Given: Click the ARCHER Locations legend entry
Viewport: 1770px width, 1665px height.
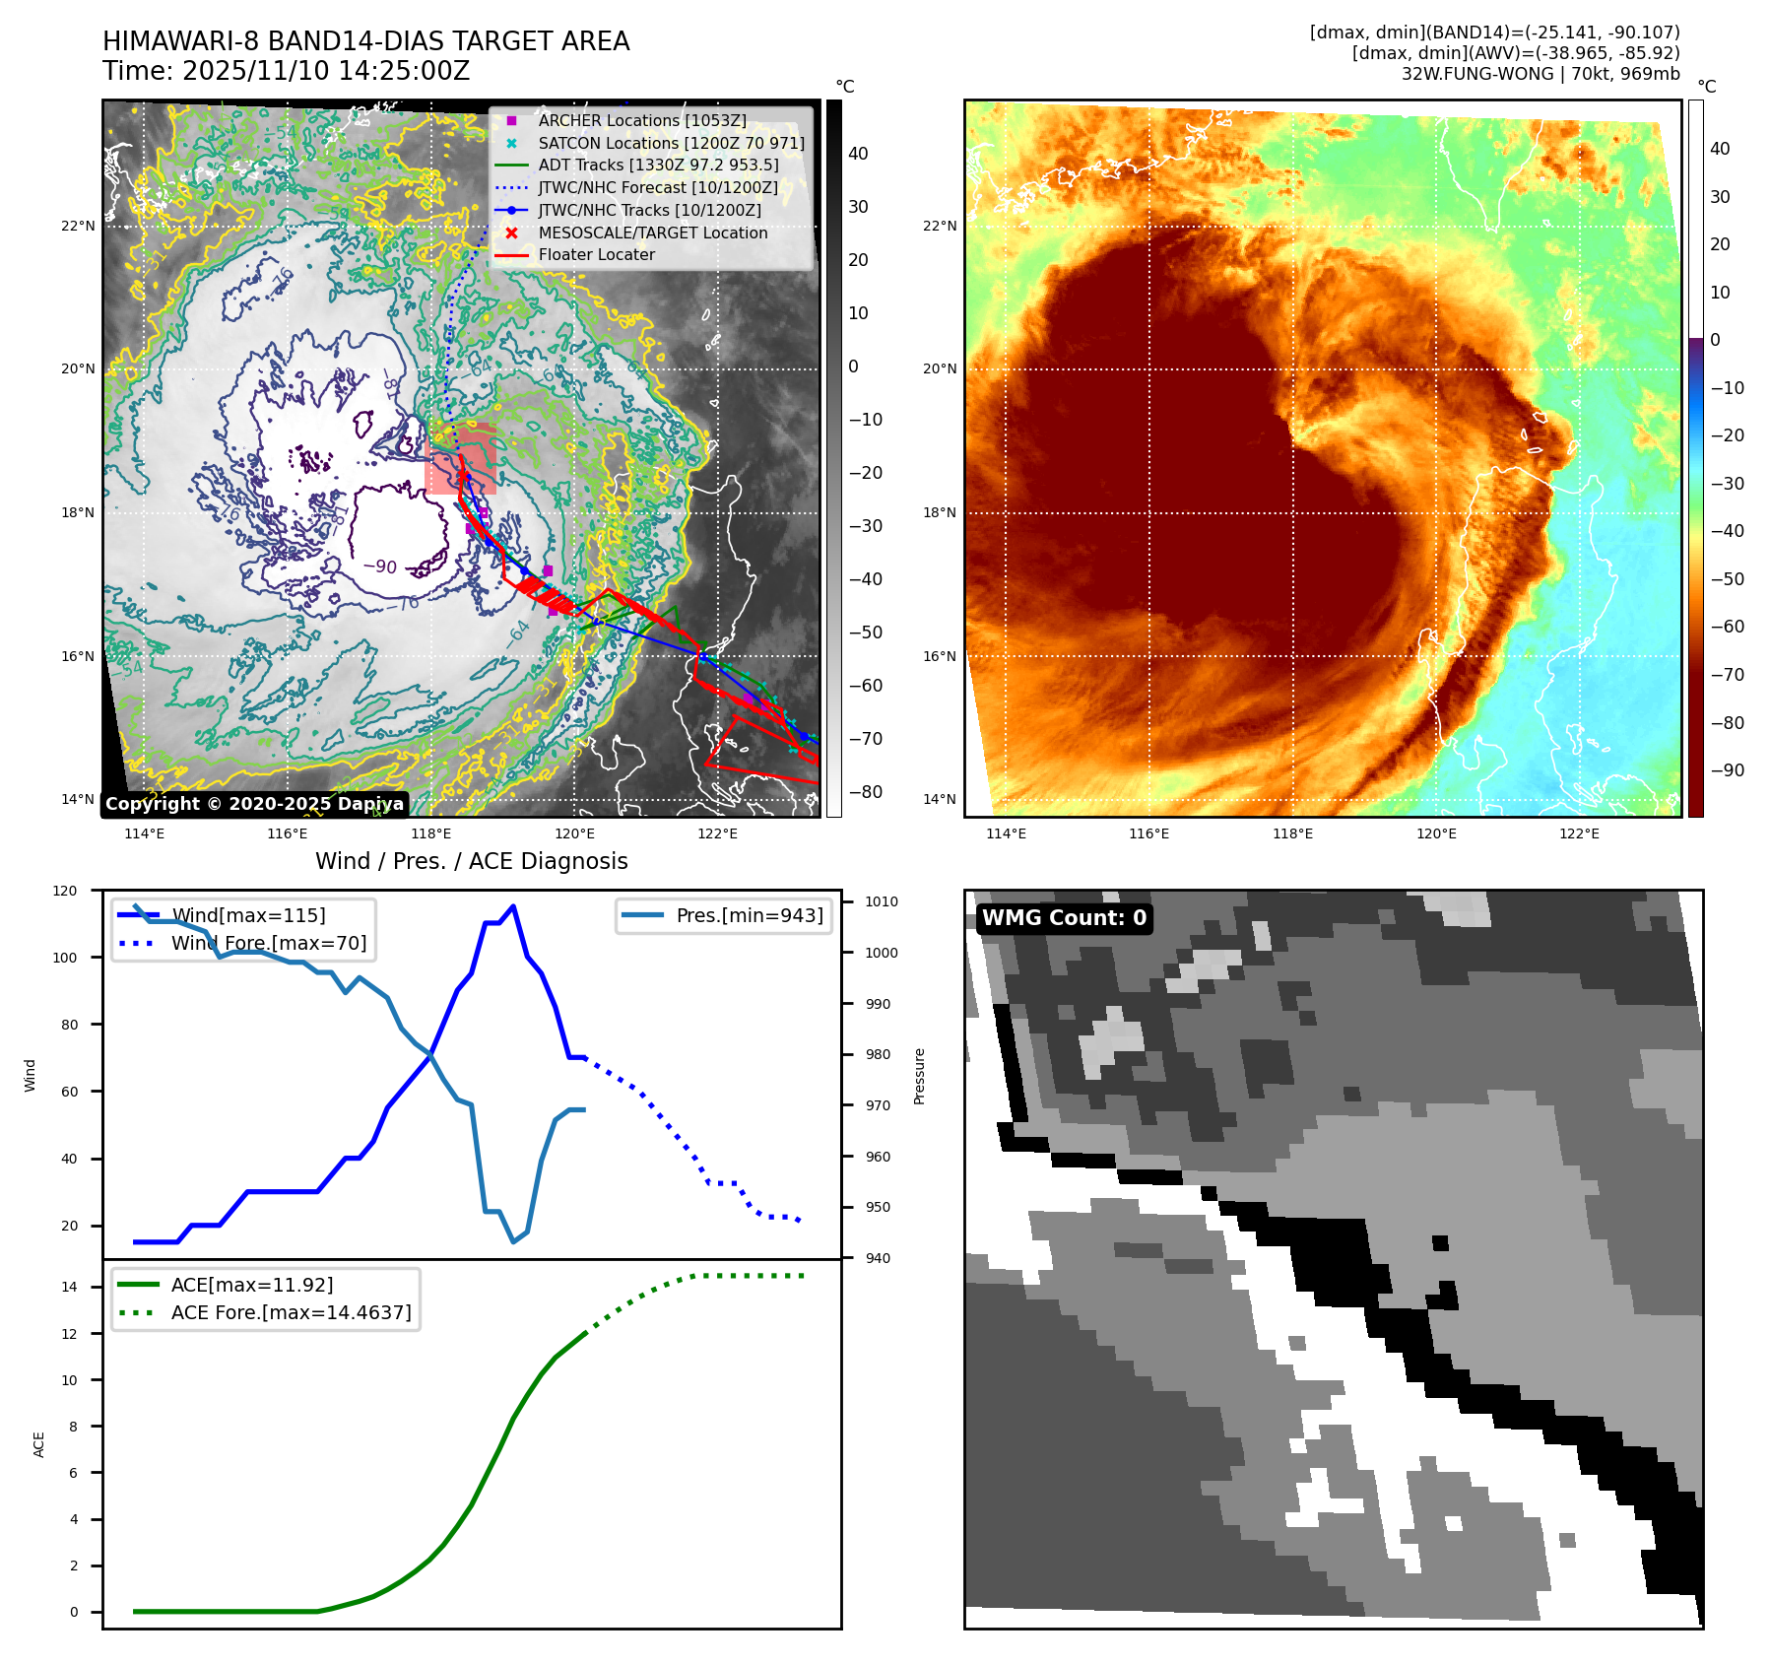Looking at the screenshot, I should tap(641, 120).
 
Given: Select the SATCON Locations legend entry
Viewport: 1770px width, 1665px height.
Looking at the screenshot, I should tap(670, 143).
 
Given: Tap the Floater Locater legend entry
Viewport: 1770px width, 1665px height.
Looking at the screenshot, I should tap(596, 254).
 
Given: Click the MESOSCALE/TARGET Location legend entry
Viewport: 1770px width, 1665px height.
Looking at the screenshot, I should tap(652, 233).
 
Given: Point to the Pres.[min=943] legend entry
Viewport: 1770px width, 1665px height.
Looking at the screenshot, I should tap(749, 915).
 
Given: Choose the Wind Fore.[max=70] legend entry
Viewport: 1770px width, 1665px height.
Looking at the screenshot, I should tap(268, 943).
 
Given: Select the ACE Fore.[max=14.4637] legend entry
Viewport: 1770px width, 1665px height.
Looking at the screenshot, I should tap(291, 1312).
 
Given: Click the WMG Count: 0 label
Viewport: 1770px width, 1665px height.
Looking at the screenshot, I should tap(1064, 918).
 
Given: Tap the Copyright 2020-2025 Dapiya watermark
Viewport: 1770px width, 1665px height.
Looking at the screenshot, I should tap(254, 804).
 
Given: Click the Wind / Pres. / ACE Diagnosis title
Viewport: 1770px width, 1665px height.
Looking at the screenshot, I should tap(471, 861).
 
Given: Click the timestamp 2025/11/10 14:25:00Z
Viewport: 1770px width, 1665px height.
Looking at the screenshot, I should tap(325, 72).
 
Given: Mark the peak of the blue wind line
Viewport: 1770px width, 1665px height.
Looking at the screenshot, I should tap(513, 905).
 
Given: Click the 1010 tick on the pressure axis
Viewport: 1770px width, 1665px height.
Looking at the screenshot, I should tap(881, 901).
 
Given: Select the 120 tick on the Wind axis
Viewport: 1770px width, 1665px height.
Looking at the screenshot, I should tap(65, 891).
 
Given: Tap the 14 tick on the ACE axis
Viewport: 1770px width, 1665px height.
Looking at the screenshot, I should tap(69, 1287).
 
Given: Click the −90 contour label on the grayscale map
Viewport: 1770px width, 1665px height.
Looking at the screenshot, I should tap(380, 567).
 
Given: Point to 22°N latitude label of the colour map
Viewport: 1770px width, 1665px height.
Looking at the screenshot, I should tap(939, 226).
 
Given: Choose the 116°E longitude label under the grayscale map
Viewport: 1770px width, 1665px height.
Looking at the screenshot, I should tap(287, 833).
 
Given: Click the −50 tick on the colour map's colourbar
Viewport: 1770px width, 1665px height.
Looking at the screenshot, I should tap(1727, 579).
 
